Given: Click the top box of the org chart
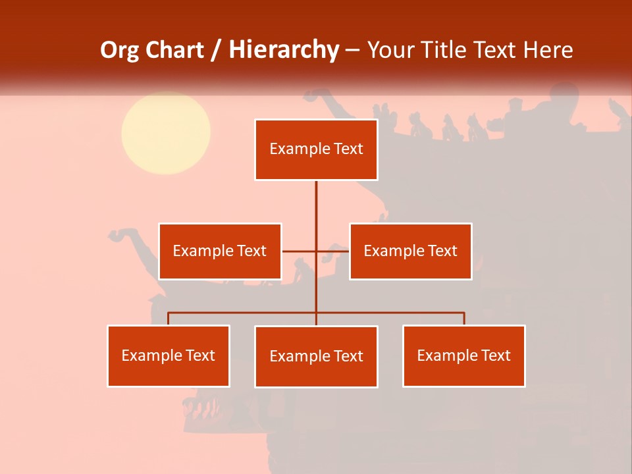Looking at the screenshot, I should tap(316, 149).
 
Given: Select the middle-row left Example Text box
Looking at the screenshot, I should tap(220, 251).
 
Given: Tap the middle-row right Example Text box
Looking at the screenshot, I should tap(411, 251).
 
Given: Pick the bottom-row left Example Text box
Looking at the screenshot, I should tap(169, 355).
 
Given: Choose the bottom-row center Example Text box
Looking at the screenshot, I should tap(316, 356).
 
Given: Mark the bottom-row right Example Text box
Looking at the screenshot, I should tap(464, 355).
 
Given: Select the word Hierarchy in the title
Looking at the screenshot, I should tap(283, 50).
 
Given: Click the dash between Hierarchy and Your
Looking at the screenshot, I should tap(353, 51).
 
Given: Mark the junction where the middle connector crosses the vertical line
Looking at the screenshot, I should tap(316, 251).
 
